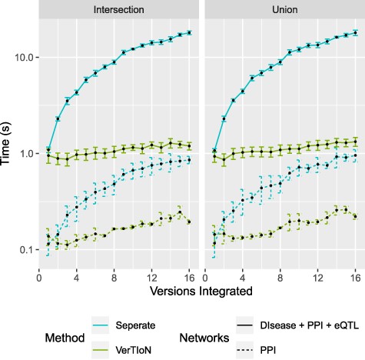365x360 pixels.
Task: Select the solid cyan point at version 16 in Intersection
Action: coord(189,33)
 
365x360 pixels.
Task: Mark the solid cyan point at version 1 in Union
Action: coord(214,151)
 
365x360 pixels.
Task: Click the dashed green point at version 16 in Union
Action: coord(355,217)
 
